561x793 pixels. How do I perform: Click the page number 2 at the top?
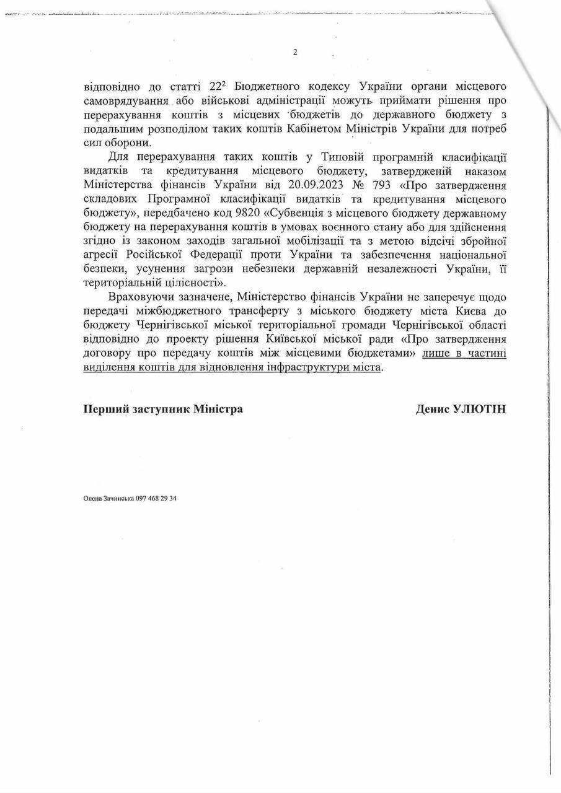(295, 53)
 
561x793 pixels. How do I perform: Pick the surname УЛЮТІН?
(480, 409)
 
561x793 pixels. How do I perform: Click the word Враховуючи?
(136, 296)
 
